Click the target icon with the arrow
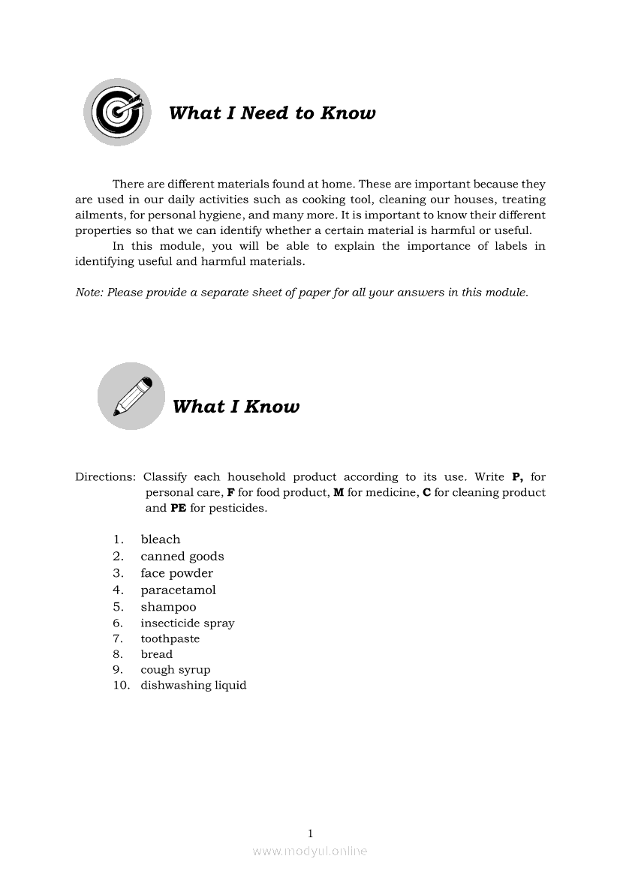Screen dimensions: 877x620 (x=118, y=112)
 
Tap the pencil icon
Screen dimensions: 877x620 (x=131, y=396)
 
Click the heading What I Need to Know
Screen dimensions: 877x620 (x=272, y=113)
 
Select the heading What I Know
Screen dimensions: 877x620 (x=236, y=407)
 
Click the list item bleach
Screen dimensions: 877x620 (x=161, y=539)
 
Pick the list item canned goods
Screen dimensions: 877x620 (x=182, y=557)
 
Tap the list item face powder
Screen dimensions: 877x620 (x=176, y=573)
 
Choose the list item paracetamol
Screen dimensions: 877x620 (x=178, y=590)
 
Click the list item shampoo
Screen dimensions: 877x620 (x=168, y=607)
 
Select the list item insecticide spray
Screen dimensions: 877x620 (x=188, y=623)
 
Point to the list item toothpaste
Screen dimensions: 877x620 (x=170, y=639)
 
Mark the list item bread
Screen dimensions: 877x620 (x=157, y=654)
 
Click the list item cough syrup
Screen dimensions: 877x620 (x=176, y=670)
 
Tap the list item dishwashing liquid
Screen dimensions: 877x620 (x=194, y=686)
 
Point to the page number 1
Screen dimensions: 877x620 (x=310, y=833)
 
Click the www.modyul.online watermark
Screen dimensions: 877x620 (x=310, y=851)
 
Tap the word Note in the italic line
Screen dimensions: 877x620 (x=89, y=293)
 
